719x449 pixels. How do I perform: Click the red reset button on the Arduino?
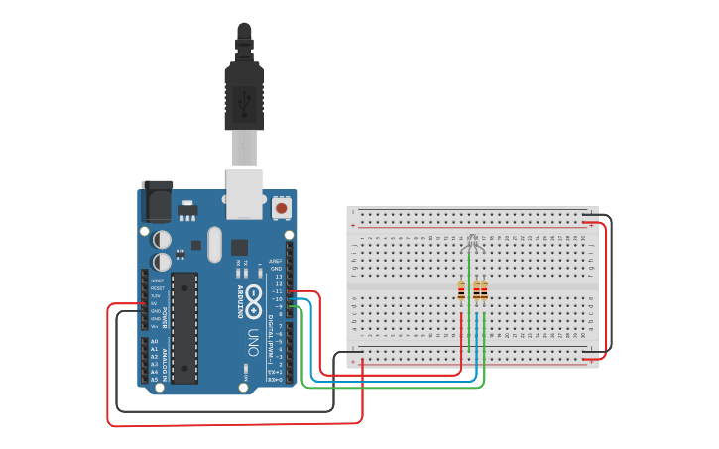[x=282, y=208]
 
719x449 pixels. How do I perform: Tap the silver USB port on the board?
[x=244, y=192]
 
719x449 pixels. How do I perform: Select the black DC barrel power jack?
[x=156, y=201]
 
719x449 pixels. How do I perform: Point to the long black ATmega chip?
[x=183, y=327]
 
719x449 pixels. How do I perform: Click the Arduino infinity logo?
[x=253, y=296]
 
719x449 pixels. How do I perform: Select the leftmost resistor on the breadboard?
[x=461, y=290]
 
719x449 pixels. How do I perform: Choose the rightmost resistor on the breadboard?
[x=484, y=290]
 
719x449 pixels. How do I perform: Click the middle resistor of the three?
[x=476, y=290]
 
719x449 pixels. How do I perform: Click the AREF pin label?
[x=277, y=261]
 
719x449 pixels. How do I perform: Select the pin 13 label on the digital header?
[x=278, y=276]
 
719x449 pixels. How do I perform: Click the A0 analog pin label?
[x=153, y=341]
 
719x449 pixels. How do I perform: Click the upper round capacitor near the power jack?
[x=162, y=239]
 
